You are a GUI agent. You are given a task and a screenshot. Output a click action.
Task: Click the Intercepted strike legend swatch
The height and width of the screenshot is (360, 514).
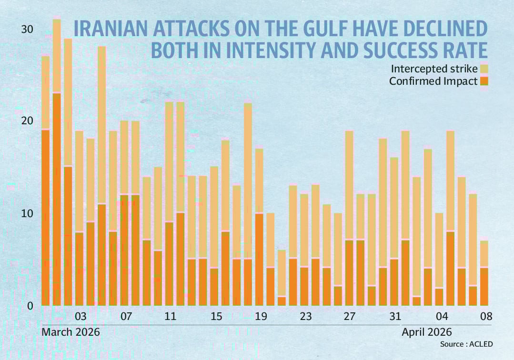tap(484, 69)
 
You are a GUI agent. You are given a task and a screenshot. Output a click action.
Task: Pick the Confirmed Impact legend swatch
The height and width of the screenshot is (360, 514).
tap(484, 81)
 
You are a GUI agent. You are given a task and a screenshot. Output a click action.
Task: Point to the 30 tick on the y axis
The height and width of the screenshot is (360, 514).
tap(28, 30)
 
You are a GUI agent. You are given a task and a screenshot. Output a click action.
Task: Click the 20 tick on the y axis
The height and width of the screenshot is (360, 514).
tap(28, 121)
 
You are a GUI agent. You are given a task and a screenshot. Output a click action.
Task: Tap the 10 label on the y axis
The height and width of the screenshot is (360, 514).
tap(28, 213)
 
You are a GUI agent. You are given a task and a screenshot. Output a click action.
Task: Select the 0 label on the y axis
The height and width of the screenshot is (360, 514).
tap(30, 306)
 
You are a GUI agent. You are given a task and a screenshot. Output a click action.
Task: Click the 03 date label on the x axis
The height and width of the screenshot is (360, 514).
tap(80, 317)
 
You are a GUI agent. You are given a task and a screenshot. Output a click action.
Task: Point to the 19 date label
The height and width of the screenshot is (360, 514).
tap(261, 317)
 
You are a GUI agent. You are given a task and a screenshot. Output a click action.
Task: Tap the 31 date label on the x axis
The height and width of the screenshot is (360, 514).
tap(395, 317)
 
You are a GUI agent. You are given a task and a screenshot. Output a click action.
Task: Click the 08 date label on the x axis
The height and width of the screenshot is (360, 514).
tap(485, 317)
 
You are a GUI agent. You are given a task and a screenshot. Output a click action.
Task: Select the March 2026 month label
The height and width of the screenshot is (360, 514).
tap(71, 332)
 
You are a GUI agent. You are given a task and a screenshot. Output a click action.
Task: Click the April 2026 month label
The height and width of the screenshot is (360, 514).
tap(427, 332)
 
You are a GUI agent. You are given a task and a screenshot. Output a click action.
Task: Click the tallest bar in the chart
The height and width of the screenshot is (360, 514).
tap(57, 162)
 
